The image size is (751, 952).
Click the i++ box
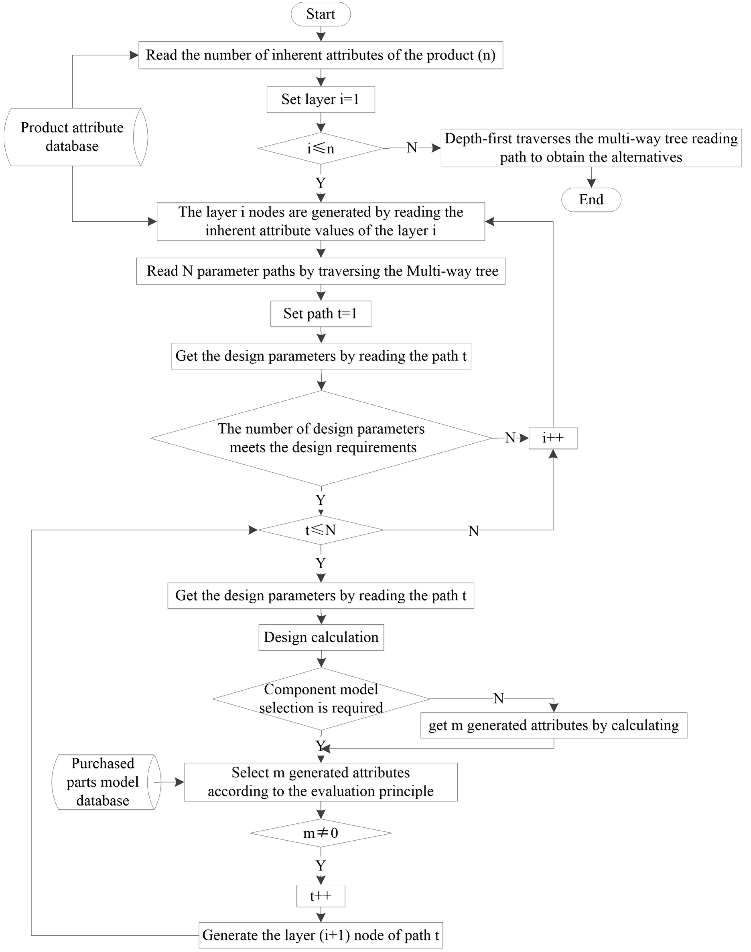[x=553, y=438]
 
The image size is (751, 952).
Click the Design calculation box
[x=321, y=637]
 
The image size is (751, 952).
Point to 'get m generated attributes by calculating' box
[x=554, y=725]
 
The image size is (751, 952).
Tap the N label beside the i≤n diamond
[x=411, y=148]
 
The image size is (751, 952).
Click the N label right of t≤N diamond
[x=473, y=531]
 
